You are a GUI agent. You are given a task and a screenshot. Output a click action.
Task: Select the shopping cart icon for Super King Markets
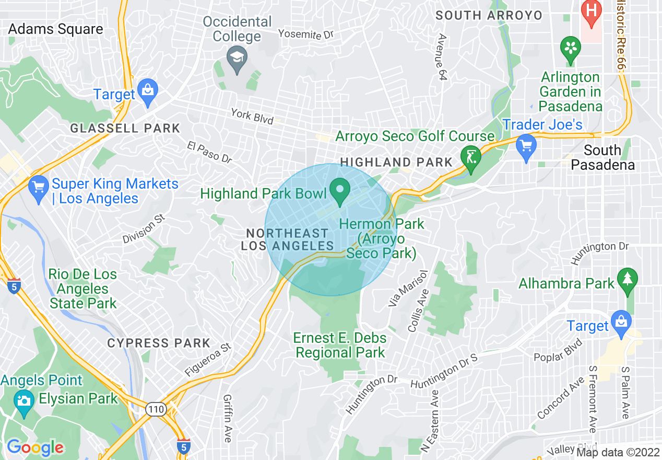38,188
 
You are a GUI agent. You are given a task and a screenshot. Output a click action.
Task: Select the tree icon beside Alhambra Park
627,279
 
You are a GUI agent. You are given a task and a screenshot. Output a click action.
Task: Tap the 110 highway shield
157,410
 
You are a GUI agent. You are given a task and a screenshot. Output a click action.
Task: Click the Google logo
35,447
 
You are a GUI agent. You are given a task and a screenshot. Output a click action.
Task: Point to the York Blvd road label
253,116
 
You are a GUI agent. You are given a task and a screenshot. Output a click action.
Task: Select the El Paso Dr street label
209,152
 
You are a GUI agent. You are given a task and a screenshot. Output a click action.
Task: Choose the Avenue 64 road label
443,57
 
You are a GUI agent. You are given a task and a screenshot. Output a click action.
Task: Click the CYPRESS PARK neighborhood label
159,343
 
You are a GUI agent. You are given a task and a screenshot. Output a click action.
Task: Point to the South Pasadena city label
602,157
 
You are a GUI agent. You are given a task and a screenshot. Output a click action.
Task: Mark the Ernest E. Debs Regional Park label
340,345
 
